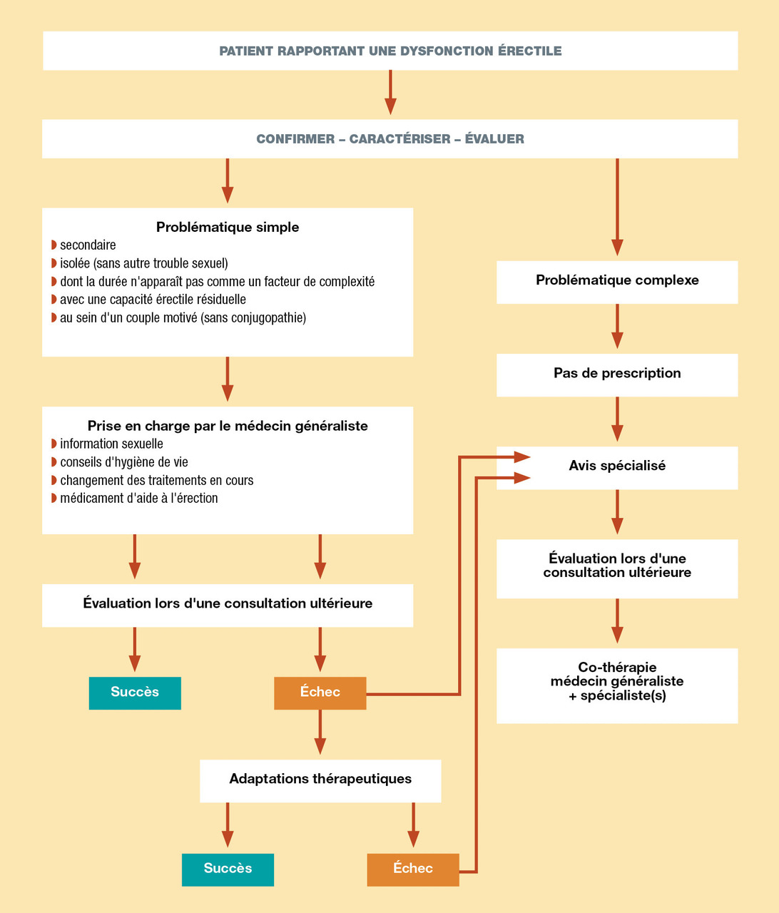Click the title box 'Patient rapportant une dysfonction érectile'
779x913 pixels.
390,51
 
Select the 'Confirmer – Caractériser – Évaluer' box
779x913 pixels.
390,138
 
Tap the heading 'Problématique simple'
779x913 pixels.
228,228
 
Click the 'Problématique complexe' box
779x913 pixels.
617,280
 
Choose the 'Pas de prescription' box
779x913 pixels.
617,373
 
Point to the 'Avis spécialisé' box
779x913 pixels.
617,466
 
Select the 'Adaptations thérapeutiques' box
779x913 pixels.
320,779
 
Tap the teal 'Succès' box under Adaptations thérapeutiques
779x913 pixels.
228,868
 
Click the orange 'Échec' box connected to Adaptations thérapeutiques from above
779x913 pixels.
320,692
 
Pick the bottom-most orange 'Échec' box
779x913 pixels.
413,868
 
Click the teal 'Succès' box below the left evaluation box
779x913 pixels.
135,692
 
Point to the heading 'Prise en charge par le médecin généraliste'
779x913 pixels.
228,426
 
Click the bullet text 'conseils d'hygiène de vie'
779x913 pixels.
124,462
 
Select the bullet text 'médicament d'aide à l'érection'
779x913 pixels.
139,499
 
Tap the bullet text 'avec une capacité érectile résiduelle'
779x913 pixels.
153,300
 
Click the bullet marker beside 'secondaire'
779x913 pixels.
54,245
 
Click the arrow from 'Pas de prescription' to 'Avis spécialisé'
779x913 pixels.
617,420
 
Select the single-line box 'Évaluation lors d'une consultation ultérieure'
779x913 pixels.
228,603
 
